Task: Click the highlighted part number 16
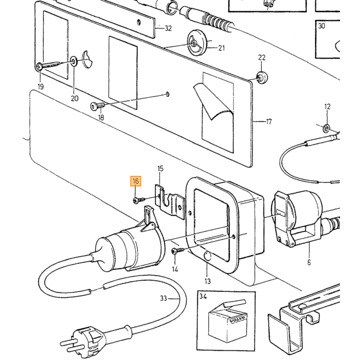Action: [135, 181]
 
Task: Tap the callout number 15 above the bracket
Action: [160, 169]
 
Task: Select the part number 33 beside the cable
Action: [163, 298]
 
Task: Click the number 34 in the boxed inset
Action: [203, 296]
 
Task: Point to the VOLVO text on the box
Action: [237, 319]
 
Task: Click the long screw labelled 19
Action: [49, 66]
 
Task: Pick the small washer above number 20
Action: [74, 61]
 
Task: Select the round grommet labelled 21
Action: [197, 43]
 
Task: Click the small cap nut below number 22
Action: [261, 78]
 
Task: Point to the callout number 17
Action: [269, 121]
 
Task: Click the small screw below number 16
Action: [139, 200]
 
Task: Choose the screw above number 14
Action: [178, 251]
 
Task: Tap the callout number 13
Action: [207, 281]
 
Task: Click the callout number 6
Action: [309, 262]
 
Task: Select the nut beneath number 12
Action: [326, 128]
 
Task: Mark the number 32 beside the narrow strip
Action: [168, 28]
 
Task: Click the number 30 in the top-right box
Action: [321, 26]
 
